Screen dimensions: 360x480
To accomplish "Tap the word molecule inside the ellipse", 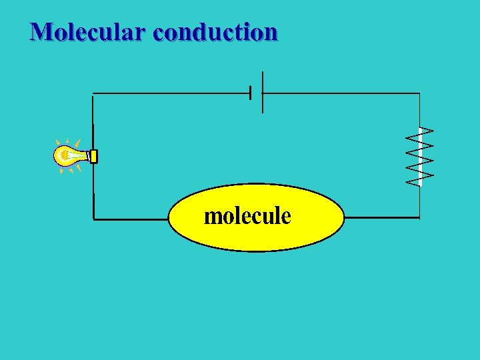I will (x=247, y=216).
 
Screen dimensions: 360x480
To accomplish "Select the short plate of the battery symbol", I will (x=251, y=93).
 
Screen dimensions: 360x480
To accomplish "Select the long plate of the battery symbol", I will (x=263, y=92).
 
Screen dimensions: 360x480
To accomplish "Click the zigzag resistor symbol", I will (x=420, y=156).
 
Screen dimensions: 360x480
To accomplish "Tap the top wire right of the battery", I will (x=340, y=93).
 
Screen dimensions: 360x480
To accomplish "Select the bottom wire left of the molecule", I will (x=131, y=218).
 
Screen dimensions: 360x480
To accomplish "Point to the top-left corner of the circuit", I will (x=93, y=94).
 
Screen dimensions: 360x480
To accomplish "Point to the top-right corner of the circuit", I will (x=420, y=93).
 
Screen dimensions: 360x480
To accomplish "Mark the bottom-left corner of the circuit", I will (x=93, y=218).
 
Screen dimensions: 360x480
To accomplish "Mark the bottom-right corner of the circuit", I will (x=420, y=217).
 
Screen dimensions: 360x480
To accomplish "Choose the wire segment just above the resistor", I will (x=420, y=110).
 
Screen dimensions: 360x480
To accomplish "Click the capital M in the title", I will (x=41, y=31).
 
